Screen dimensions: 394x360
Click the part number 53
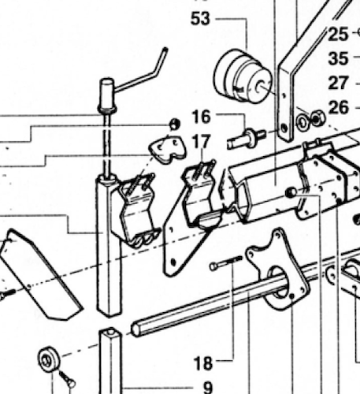(x=200, y=17)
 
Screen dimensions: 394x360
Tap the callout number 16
(x=201, y=117)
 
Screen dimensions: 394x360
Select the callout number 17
(x=201, y=142)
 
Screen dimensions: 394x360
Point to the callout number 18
(x=202, y=363)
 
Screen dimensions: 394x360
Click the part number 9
(x=207, y=387)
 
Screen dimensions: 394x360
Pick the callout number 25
(x=338, y=34)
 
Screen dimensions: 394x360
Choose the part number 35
(x=338, y=58)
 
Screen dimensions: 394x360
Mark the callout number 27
(x=338, y=83)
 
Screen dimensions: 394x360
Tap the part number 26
(x=338, y=107)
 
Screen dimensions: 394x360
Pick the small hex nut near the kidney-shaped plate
(x=174, y=124)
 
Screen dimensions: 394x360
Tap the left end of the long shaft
(x=139, y=327)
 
